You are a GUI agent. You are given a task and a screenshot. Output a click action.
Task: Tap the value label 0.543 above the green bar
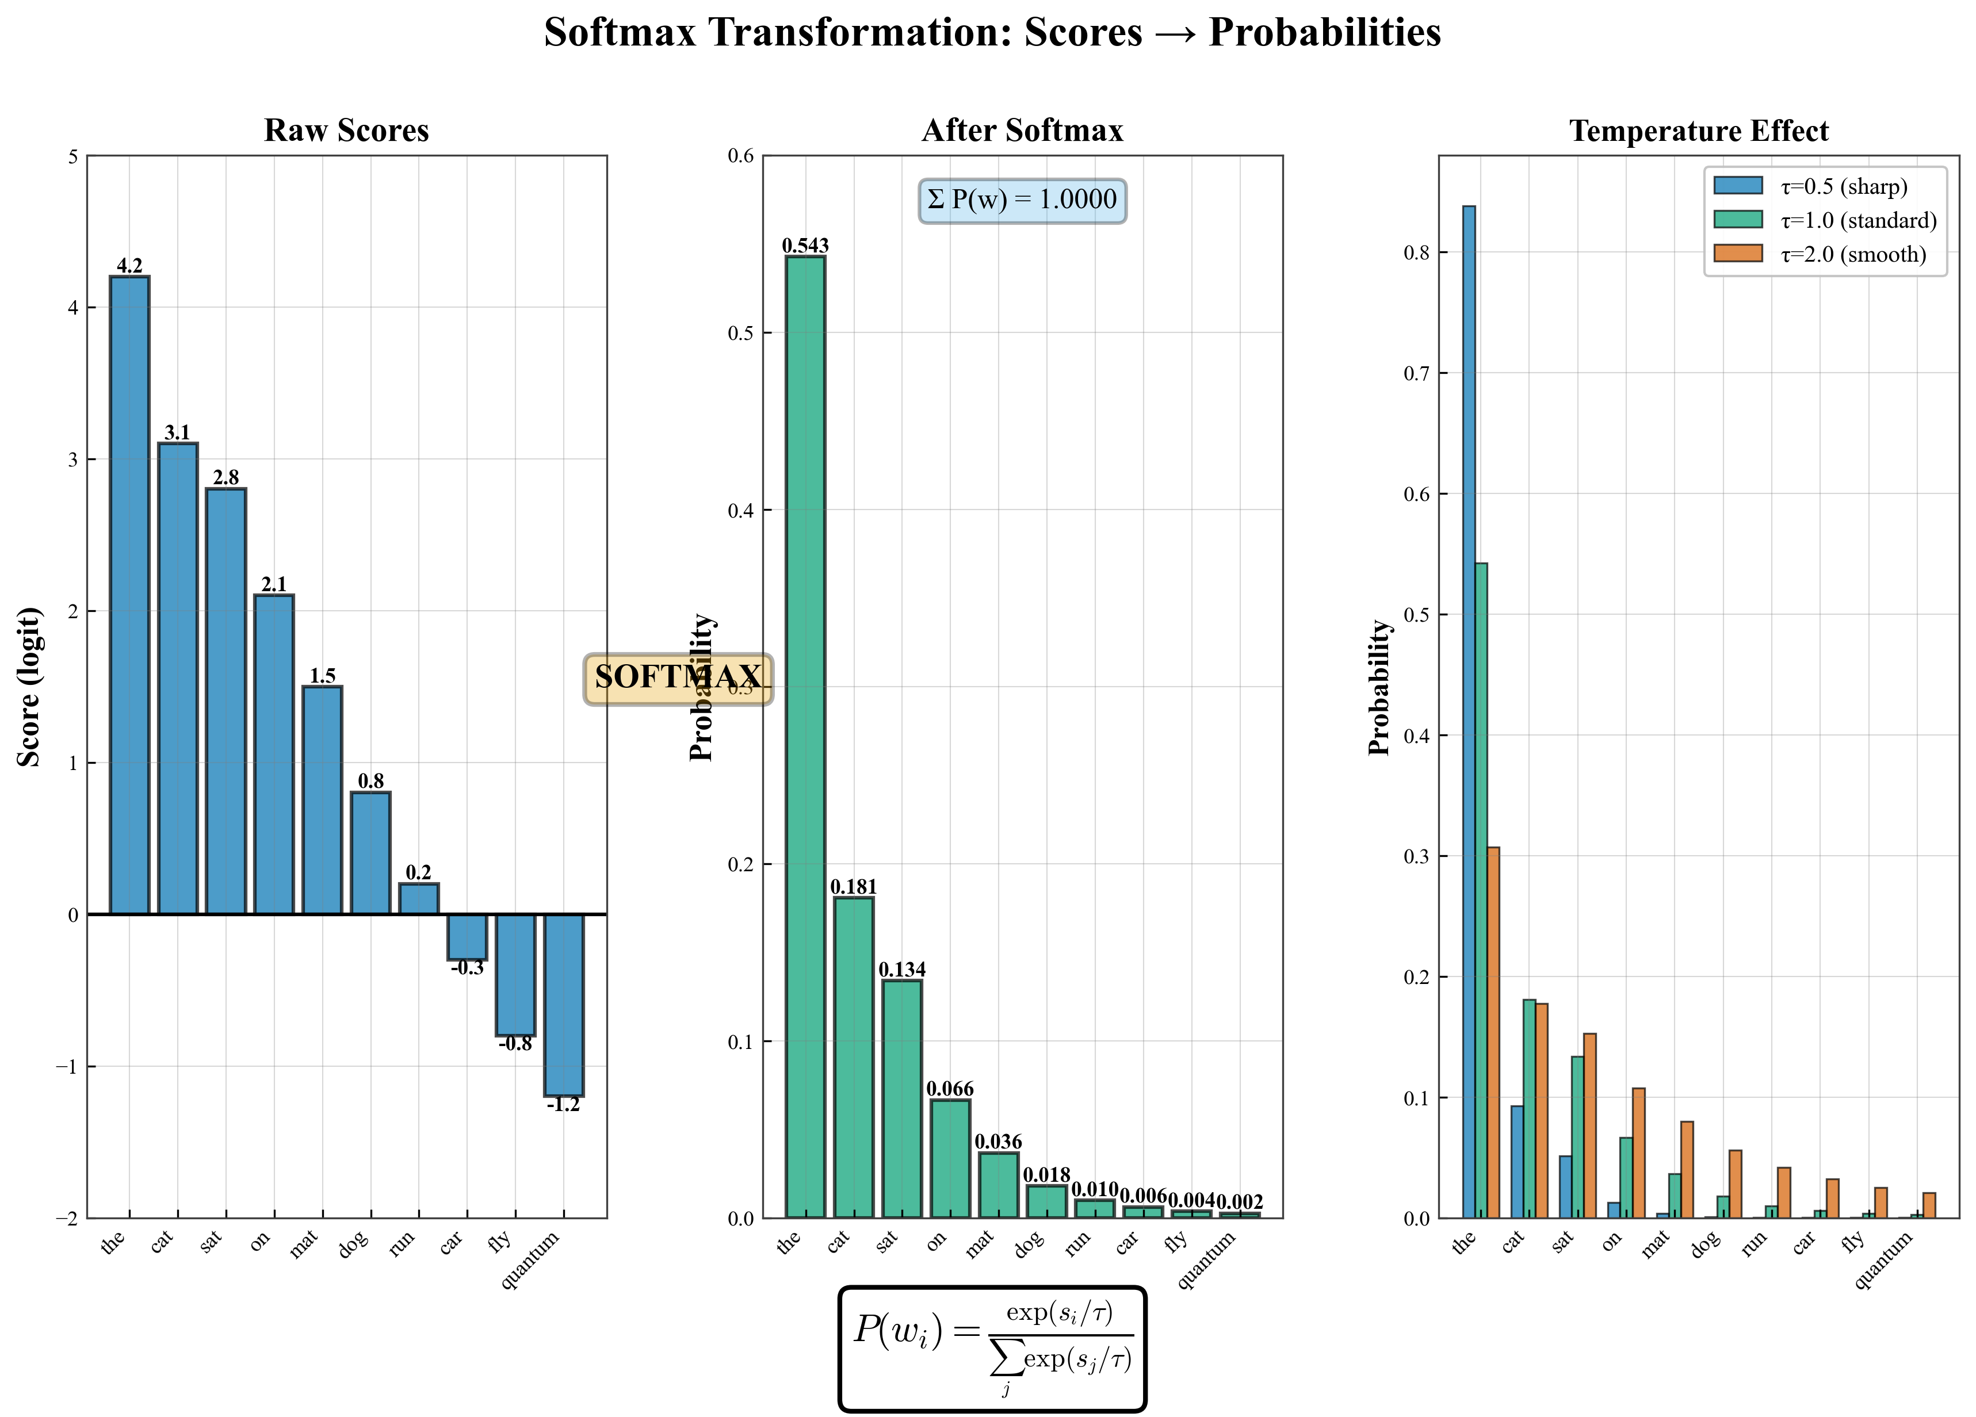click(x=805, y=246)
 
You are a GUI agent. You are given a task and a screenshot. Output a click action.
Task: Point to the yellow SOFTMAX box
click(x=677, y=679)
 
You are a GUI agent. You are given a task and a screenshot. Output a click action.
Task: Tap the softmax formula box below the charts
click(x=992, y=1348)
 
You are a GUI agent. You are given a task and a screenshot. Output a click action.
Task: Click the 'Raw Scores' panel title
click(x=346, y=131)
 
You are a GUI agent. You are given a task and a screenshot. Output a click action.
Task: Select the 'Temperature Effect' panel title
click(x=1698, y=131)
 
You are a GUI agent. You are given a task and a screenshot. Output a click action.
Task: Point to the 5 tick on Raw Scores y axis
click(x=73, y=157)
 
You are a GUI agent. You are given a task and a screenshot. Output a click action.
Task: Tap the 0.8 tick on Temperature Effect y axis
click(x=1417, y=252)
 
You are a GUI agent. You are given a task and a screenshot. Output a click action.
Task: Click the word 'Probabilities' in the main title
click(x=1324, y=33)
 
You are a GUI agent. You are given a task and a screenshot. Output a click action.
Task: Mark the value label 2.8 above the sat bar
click(x=225, y=477)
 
